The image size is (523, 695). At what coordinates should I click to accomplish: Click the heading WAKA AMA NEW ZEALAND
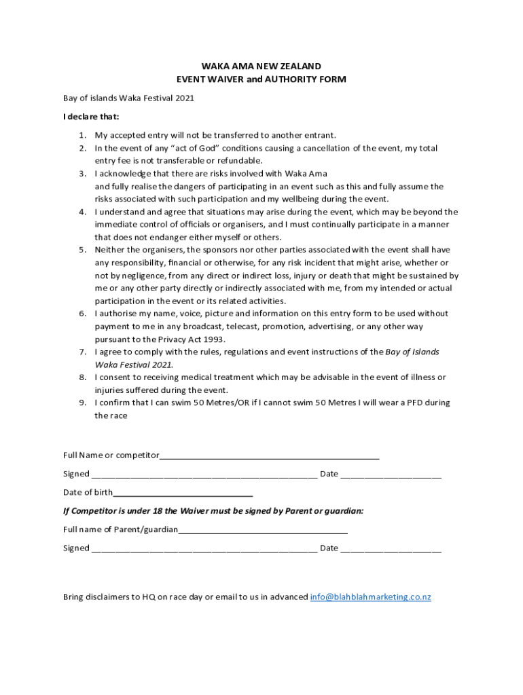pyautogui.click(x=261, y=67)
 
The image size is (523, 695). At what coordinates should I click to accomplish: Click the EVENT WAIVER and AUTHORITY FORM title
pyautogui.click(x=261, y=79)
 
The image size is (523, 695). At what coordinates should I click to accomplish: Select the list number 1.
pyautogui.click(x=82, y=136)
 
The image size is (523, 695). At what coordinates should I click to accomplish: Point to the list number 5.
pyautogui.click(x=82, y=250)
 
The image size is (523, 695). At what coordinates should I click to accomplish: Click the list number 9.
pyautogui.click(x=82, y=402)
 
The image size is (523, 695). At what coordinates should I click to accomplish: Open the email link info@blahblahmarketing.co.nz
pyautogui.click(x=370, y=597)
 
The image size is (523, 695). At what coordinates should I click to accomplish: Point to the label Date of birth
pyautogui.click(x=88, y=493)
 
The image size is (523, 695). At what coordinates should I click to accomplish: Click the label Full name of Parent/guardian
pyautogui.click(x=120, y=529)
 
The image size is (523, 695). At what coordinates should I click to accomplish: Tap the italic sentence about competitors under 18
pyautogui.click(x=213, y=510)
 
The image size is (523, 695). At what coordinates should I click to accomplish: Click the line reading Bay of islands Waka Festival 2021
pyautogui.click(x=128, y=98)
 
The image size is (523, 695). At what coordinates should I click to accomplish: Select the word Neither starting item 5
pyautogui.click(x=111, y=250)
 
